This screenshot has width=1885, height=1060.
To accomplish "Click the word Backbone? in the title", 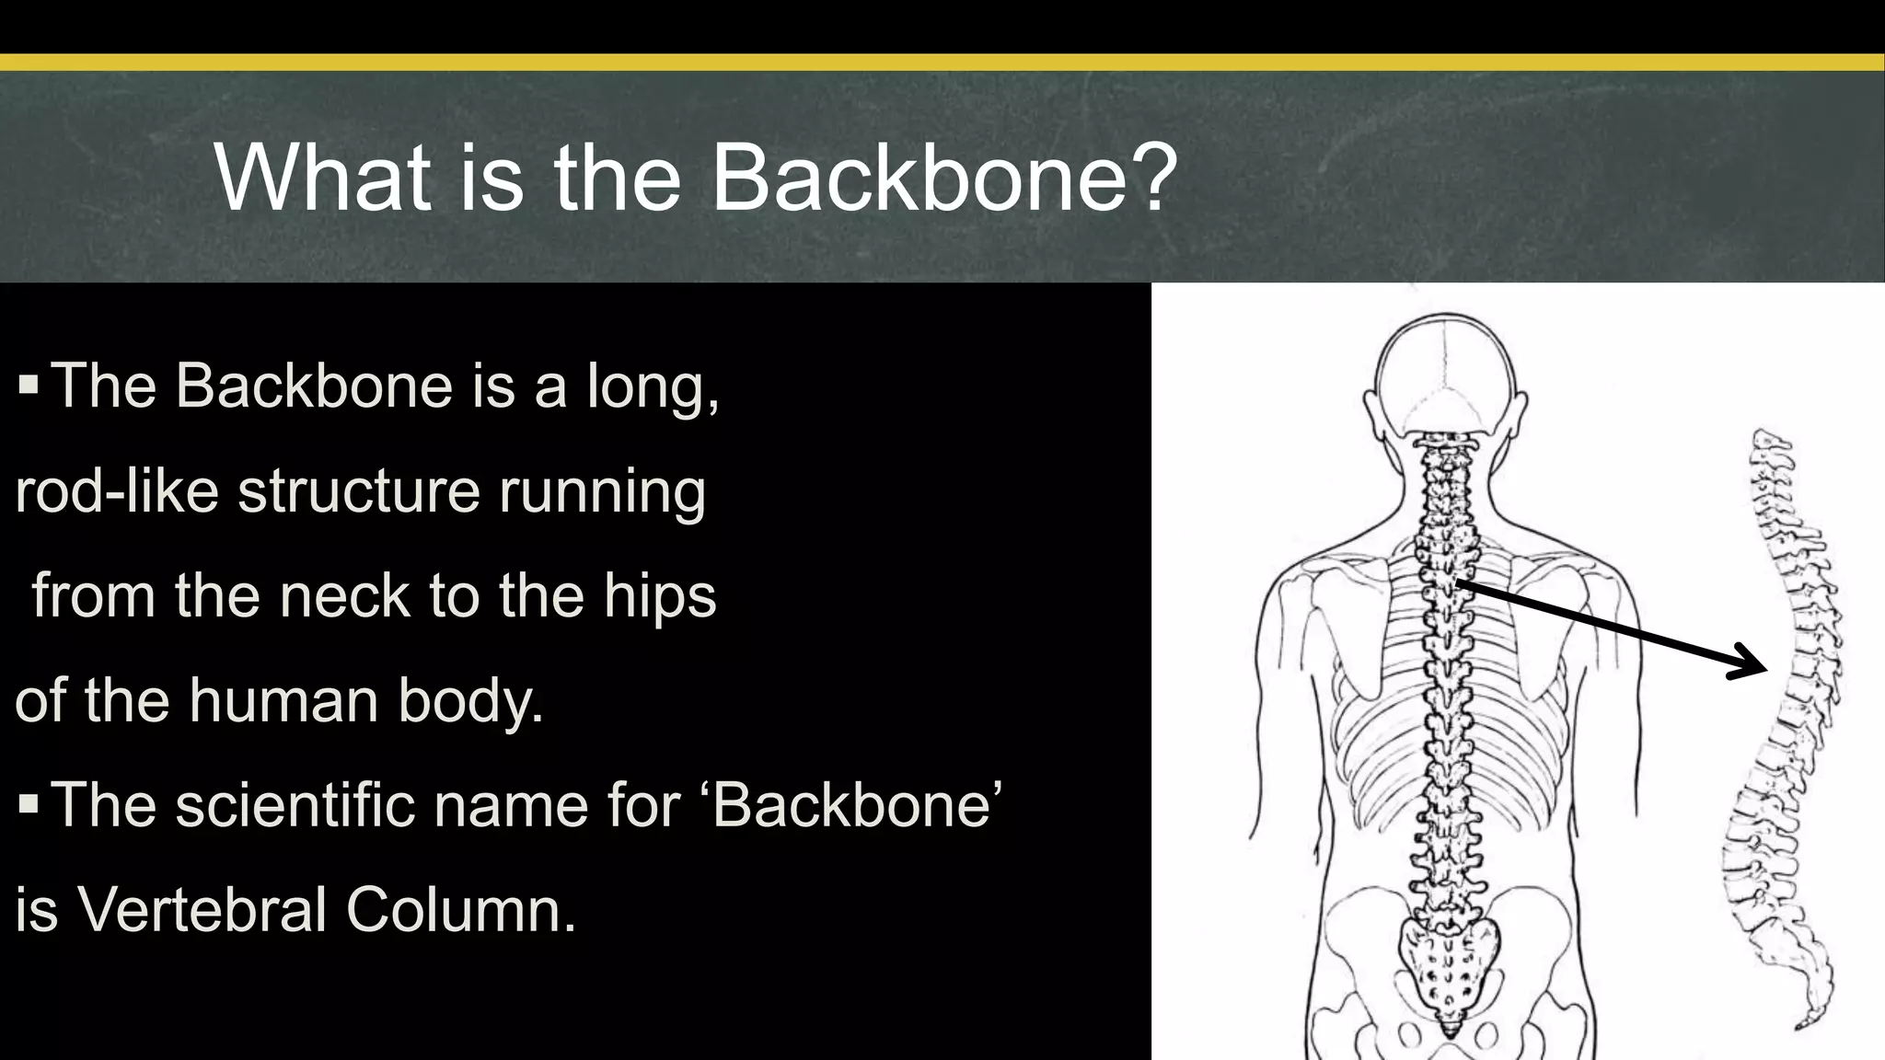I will (x=944, y=177).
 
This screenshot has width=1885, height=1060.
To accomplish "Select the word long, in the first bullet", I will (x=653, y=386).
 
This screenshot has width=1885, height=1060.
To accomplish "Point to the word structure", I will (x=359, y=490).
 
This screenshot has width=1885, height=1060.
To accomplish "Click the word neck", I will (x=344, y=595).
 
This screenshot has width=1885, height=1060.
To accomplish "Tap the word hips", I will (x=660, y=597).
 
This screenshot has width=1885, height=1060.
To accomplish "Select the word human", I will (x=285, y=700).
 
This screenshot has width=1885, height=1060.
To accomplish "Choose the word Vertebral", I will (x=202, y=910).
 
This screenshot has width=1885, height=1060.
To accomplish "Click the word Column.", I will (x=461, y=910).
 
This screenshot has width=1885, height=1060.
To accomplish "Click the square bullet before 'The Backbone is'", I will (x=29, y=384).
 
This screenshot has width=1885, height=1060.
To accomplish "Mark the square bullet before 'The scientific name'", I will (x=29, y=804).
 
